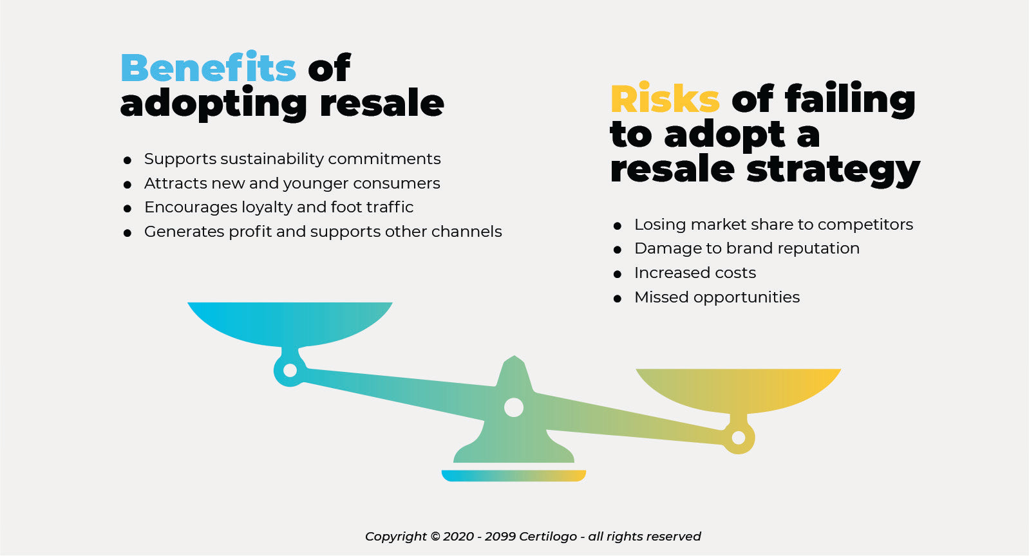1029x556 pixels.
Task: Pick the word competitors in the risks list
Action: click(865, 225)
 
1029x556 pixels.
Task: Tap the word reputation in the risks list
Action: click(818, 249)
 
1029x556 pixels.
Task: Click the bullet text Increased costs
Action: click(695, 273)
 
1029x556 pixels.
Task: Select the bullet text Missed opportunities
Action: click(717, 297)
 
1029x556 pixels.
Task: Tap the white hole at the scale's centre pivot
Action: click(514, 408)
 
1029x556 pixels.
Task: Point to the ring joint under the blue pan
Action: click(281, 371)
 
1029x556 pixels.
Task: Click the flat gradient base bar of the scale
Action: click(514, 476)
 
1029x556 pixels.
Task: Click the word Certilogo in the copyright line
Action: click(548, 536)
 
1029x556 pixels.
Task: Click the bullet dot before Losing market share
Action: click(618, 226)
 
